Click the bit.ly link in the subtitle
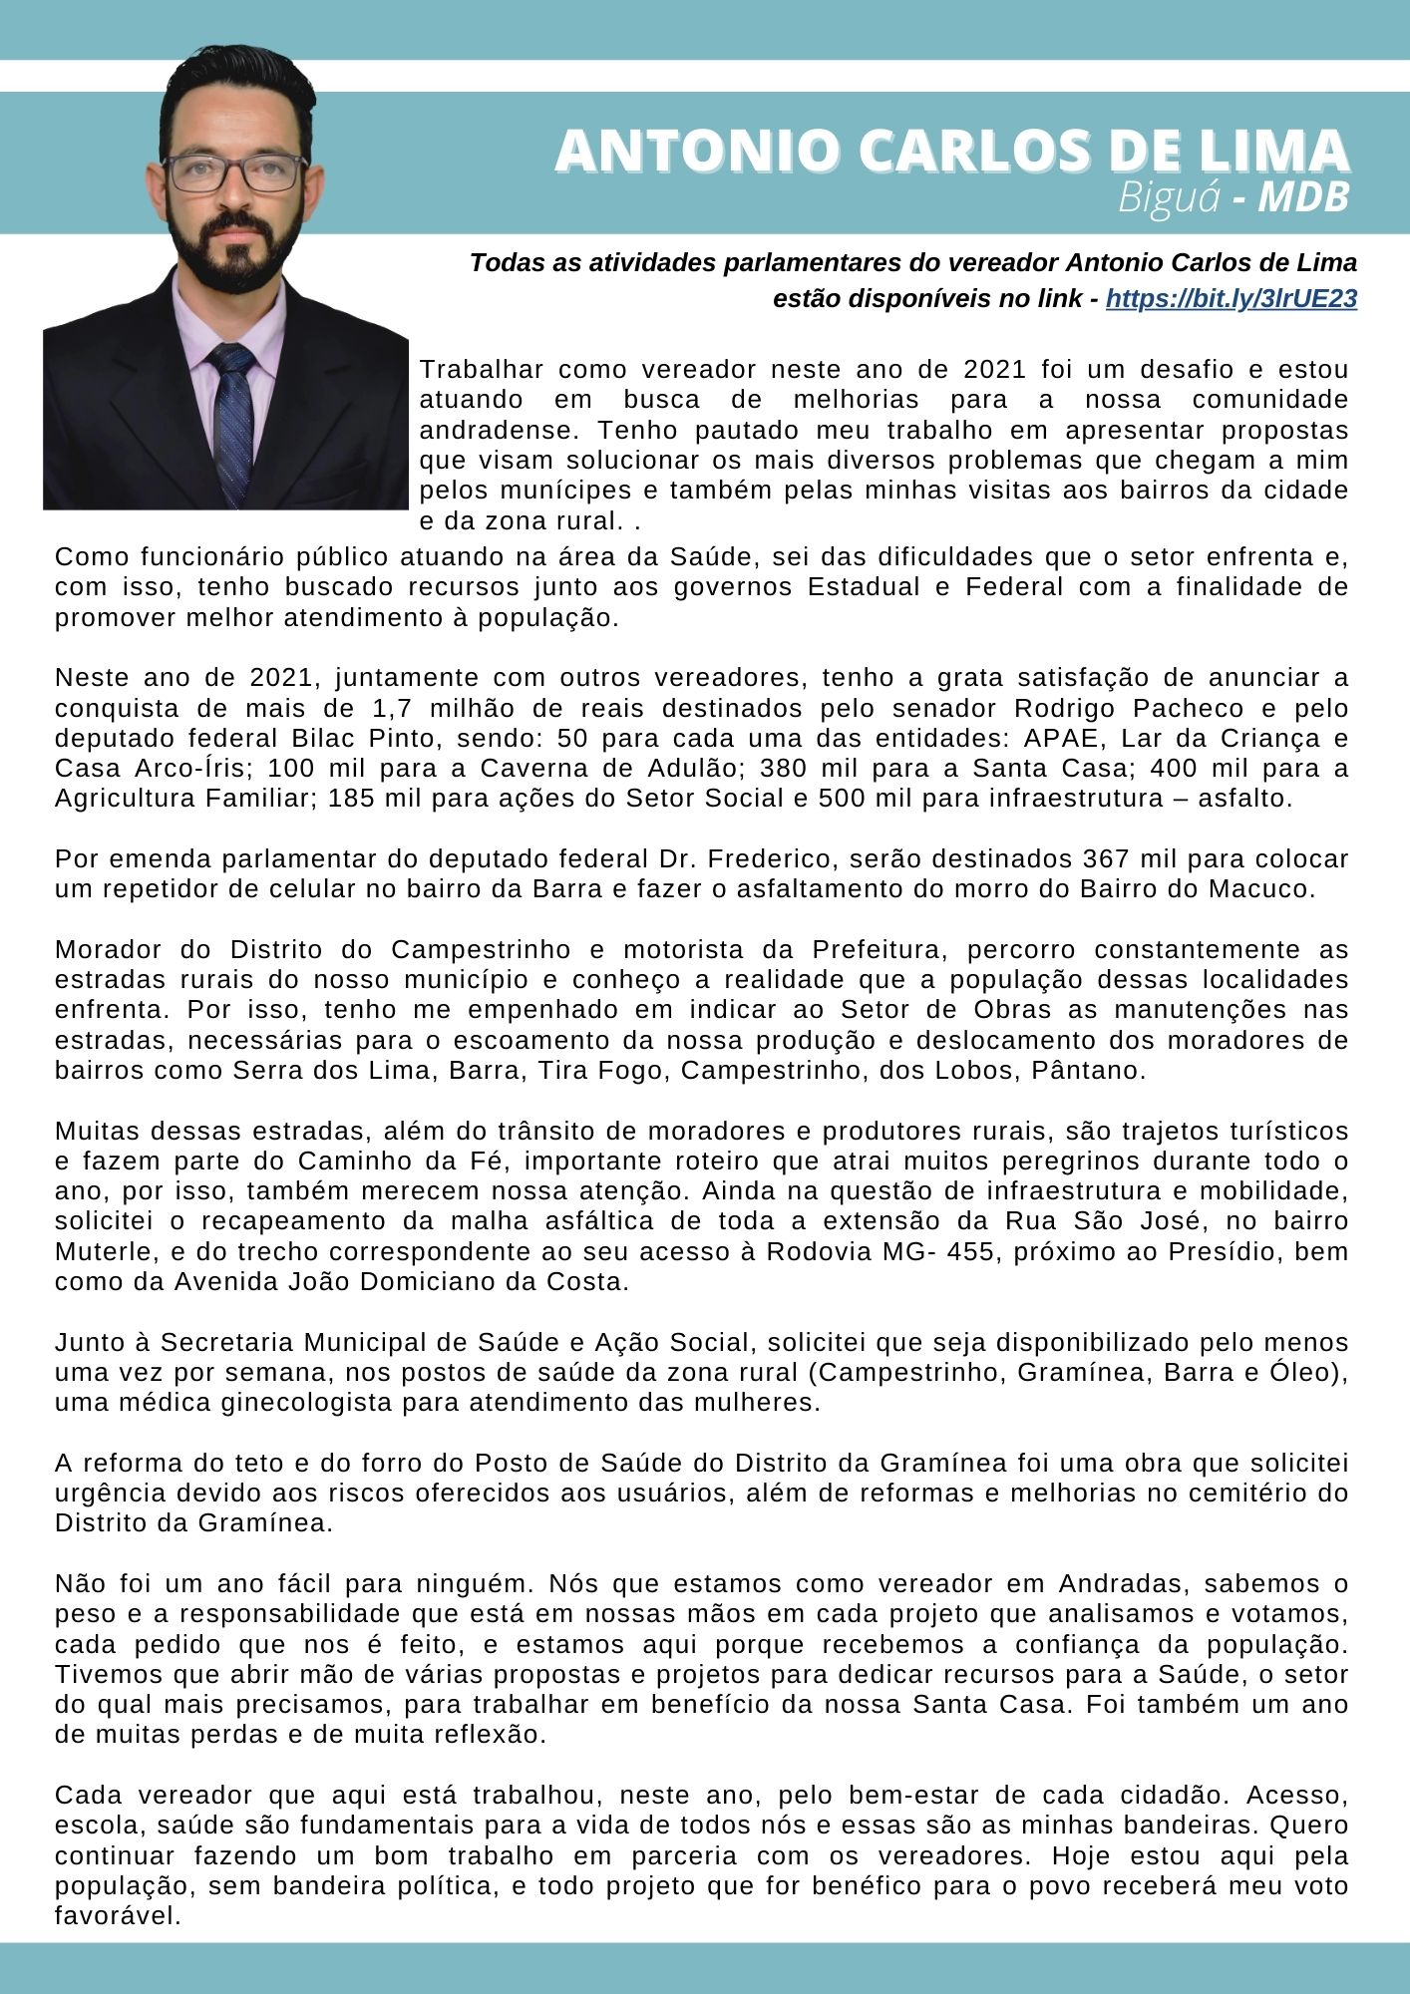point(1231,299)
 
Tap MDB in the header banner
point(1303,197)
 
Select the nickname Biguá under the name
point(1169,197)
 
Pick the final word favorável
point(118,1916)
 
